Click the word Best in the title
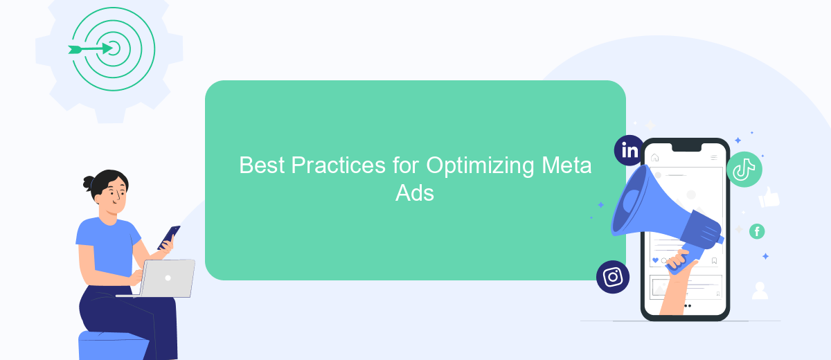coord(262,165)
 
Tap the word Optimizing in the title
coord(480,165)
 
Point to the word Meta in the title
coord(566,165)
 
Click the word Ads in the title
coord(414,193)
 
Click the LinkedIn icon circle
coord(629,150)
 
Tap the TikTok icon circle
coord(744,170)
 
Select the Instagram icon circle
coord(613,277)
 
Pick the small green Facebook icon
coord(757,231)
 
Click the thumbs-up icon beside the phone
coord(769,197)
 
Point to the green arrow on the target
coord(91,49)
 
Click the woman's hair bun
coord(89,182)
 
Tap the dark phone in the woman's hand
coord(169,237)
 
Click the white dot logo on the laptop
coord(168,278)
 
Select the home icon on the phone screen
coord(655,158)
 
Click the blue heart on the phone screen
coord(655,260)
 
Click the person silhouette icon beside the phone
coord(760,291)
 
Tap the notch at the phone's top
coord(687,147)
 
